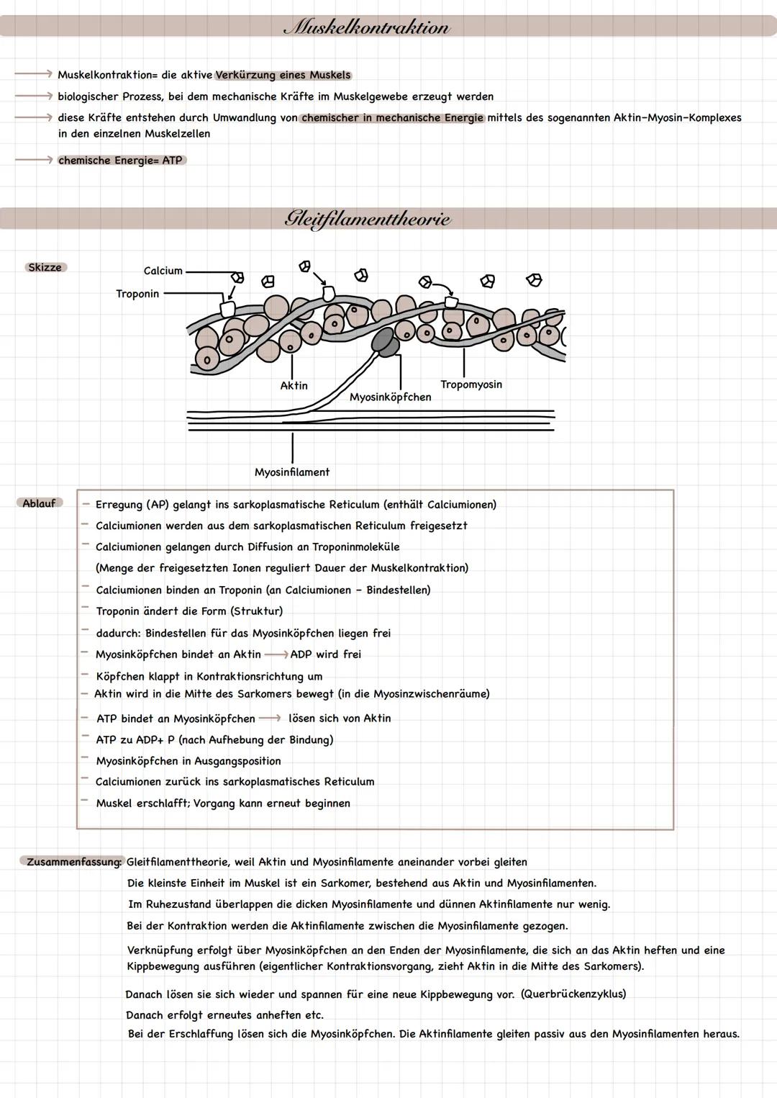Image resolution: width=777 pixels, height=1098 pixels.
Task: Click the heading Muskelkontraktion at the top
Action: coord(367,27)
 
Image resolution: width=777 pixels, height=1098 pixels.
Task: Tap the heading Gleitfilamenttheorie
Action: coord(368,218)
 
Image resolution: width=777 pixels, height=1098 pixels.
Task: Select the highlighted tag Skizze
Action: coord(45,267)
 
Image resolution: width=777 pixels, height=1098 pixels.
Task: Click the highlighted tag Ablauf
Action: coord(39,503)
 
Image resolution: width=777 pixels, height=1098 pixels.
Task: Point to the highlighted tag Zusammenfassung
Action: coord(73,862)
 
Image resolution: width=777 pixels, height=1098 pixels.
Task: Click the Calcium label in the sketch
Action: coord(163,271)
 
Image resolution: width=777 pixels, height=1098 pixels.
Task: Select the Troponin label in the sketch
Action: coord(137,294)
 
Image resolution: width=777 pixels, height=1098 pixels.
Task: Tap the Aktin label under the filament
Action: coord(294,386)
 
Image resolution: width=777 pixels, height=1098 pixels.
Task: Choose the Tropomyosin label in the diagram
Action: coord(471,384)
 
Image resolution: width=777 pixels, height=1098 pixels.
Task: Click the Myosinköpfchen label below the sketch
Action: coord(391,397)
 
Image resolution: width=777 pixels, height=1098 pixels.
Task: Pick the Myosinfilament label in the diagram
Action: coord(292,472)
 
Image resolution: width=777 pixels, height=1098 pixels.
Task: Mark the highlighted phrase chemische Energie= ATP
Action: coord(121,161)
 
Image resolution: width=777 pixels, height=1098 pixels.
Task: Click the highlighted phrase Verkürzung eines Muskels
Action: coord(283,75)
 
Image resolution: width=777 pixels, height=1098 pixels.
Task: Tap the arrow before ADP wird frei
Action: coord(276,654)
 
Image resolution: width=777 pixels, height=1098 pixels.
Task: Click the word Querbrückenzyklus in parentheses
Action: coord(573,994)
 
